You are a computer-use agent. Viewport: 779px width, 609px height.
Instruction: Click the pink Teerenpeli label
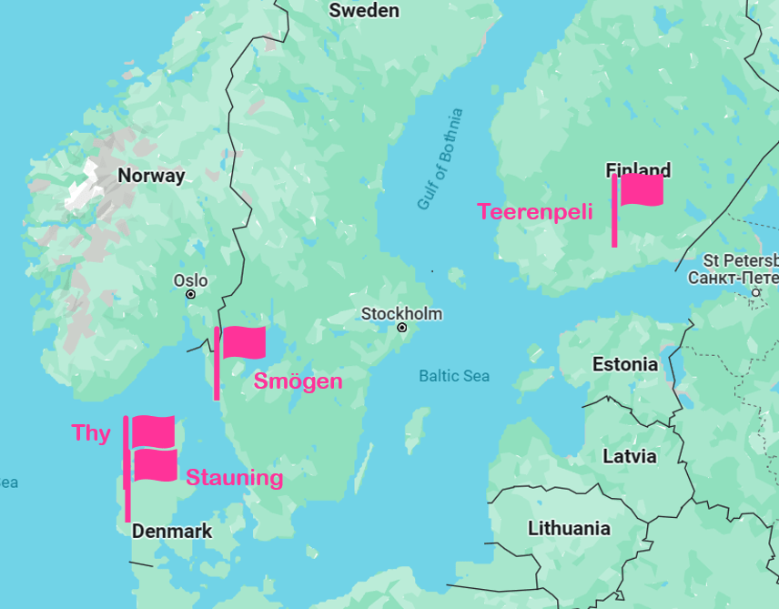click(x=535, y=212)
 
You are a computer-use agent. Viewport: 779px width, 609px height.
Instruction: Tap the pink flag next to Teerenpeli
click(x=641, y=190)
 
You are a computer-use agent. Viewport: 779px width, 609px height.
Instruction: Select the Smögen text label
click(x=298, y=381)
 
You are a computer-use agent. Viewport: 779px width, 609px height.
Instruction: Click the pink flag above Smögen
click(x=243, y=343)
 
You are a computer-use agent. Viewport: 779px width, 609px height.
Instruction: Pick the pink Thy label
click(x=91, y=433)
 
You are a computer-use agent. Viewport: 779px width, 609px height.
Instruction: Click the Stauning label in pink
click(x=235, y=478)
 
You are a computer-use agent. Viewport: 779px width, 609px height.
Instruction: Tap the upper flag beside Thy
click(x=153, y=431)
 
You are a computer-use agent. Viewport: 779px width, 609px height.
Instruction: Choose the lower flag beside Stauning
click(x=155, y=466)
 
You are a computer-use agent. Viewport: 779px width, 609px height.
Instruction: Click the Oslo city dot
click(x=190, y=294)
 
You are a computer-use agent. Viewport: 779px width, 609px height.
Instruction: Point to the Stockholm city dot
click(x=401, y=327)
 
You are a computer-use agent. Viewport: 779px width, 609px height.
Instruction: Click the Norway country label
click(x=151, y=176)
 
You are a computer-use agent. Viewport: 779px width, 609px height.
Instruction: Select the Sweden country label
click(x=364, y=11)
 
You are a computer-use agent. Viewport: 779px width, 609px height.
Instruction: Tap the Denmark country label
click(x=172, y=531)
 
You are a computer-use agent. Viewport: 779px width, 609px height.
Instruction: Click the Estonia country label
click(x=624, y=364)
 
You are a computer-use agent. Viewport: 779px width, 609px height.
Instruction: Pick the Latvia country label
click(x=629, y=456)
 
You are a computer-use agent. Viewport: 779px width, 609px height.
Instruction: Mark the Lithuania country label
click(x=569, y=528)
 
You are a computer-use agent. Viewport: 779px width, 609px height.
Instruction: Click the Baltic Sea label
click(x=454, y=376)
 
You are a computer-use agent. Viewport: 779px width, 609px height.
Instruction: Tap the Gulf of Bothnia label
click(x=440, y=159)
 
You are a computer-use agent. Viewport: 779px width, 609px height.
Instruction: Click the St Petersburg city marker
click(x=755, y=292)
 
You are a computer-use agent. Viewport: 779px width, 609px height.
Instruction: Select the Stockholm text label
click(x=401, y=313)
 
